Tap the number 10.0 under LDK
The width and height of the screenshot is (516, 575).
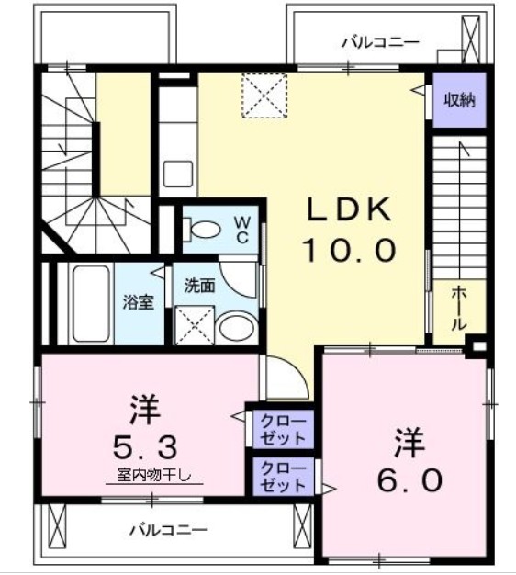[349, 248]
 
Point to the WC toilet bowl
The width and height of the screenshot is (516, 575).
[204, 229]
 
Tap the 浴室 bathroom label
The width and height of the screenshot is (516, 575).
[139, 301]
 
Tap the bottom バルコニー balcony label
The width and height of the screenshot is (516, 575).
[167, 529]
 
